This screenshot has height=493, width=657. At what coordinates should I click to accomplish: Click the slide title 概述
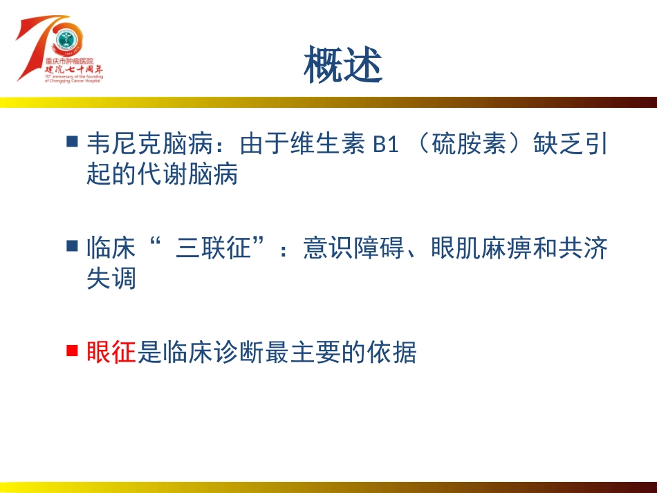pos(342,65)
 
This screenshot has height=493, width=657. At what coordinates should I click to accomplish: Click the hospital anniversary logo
pos(61,49)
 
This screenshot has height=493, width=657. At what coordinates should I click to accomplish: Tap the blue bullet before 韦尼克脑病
pos(72,142)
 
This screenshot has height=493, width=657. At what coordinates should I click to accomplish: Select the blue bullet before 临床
pos(72,245)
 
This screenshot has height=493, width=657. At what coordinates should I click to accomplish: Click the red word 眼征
pos(111,353)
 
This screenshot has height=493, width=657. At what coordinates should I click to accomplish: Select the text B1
pos(386,145)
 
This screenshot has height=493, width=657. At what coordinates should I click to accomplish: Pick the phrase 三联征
pos(212,248)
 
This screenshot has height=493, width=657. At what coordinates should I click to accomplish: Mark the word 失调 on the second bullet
pos(111,278)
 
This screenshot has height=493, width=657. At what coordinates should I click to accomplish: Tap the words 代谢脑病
pos(187,174)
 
